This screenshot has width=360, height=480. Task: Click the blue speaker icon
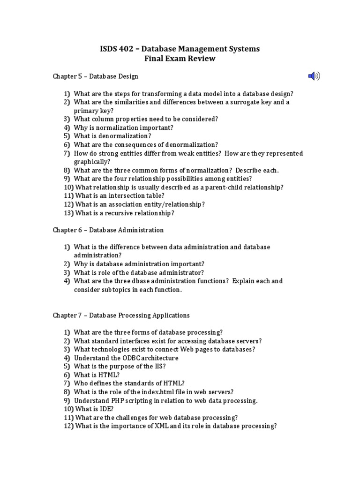tap(314, 76)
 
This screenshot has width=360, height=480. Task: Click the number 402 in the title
tap(128, 49)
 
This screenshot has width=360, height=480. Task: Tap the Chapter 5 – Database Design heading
tap(95, 76)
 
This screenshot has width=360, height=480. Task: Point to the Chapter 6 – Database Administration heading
tap(108, 230)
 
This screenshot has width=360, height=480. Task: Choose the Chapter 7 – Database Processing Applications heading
tap(121, 315)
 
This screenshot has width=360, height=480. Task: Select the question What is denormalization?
tap(112, 136)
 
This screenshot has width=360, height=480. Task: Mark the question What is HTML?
tap(97, 375)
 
